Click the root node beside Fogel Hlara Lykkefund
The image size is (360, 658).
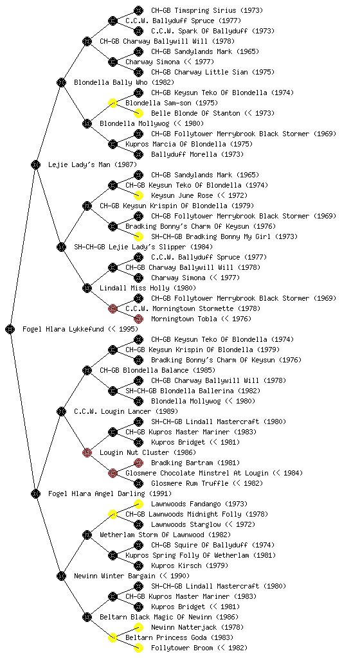[10, 329]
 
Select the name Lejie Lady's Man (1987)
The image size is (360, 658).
[93, 164]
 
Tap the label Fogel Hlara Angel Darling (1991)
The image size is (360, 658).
[110, 493]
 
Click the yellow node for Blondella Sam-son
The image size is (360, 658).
[113, 103]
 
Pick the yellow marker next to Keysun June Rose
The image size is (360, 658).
[138, 195]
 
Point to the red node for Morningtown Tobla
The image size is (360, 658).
[138, 319]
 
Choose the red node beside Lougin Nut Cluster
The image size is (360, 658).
[87, 452]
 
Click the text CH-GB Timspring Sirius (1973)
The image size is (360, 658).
[207, 10]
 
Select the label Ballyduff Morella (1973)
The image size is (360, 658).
[197, 154]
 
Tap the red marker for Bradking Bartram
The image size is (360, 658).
[138, 463]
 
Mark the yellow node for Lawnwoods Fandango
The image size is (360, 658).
[138, 504]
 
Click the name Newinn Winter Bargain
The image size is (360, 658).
[114, 576]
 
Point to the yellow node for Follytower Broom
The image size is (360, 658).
[138, 648]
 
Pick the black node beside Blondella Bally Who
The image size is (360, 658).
[61, 82]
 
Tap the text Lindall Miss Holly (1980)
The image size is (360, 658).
[148, 288]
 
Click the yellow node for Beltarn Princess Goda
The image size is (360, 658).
[113, 637]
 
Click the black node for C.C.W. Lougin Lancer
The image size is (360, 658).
[61, 411]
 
